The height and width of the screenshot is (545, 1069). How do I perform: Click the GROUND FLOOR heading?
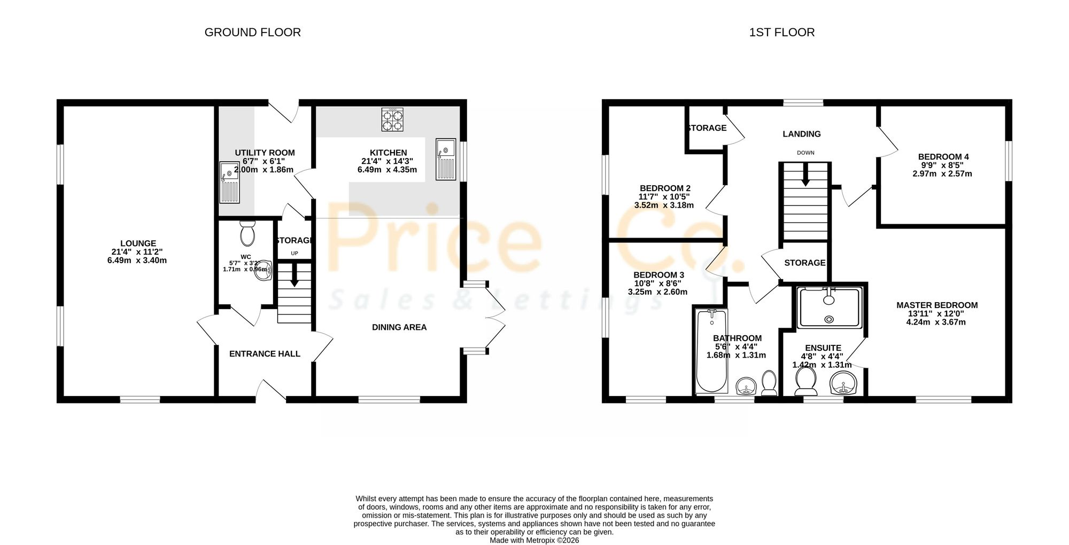(252, 33)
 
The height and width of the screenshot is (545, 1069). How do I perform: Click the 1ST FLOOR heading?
(781, 33)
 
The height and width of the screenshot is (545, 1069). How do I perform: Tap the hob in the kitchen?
(392, 120)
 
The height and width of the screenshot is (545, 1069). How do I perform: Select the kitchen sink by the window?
(445, 159)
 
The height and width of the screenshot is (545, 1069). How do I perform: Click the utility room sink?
(229, 183)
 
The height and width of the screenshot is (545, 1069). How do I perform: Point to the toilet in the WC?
(247, 233)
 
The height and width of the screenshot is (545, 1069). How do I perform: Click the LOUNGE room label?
(138, 243)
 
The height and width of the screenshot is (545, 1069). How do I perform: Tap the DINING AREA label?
(399, 327)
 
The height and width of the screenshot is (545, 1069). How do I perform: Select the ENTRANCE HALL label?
(265, 354)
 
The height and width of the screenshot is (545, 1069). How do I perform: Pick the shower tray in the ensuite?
(829, 308)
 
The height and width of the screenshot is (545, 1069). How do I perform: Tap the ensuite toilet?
(805, 382)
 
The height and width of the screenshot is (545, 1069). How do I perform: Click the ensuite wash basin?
(844, 383)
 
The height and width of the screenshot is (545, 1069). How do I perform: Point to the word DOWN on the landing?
(805, 153)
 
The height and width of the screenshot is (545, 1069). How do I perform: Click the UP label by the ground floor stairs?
(295, 254)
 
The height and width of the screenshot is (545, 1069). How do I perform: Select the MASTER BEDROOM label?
(937, 305)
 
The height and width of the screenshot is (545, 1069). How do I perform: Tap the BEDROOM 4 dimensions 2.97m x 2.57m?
(942, 174)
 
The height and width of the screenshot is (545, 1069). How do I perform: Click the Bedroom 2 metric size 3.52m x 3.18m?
(664, 205)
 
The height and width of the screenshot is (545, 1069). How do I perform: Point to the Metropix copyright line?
(534, 540)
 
